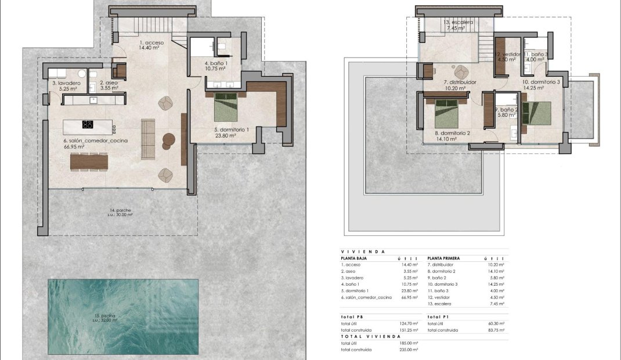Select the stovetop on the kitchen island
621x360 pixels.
pyautogui.click(x=88, y=124)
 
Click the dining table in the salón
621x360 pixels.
pyautogui.click(x=89, y=161)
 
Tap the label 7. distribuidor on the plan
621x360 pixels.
pyautogui.click(x=460, y=82)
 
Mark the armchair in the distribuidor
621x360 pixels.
pyautogui.click(x=461, y=71)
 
